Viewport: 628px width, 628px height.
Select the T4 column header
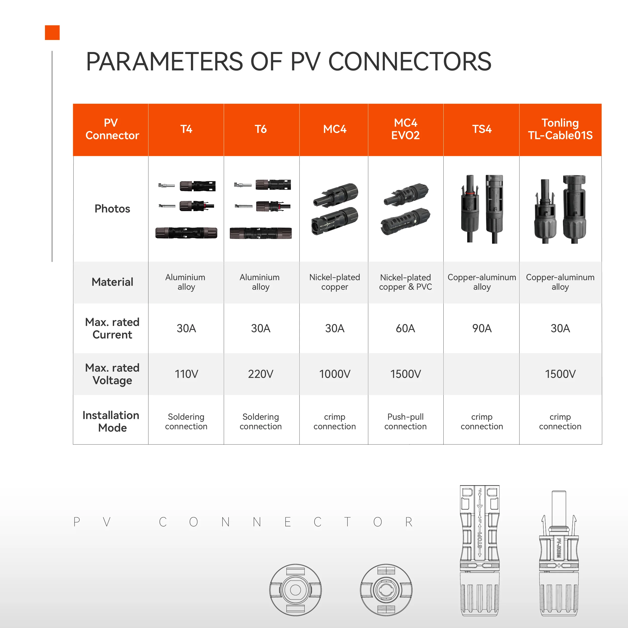186,129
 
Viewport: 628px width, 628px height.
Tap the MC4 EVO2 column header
405,129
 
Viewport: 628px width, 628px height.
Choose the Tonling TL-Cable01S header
560,129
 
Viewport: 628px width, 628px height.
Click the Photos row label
112,209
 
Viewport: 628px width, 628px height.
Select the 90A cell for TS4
482,328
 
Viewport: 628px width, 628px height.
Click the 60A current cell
405,328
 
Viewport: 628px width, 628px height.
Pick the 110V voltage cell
186,374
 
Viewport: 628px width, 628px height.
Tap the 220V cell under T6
261,374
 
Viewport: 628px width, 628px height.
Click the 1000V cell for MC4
335,374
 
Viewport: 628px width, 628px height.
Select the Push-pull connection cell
405,422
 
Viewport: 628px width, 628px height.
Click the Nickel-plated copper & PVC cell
405,282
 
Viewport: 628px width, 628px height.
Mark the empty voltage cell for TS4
482,374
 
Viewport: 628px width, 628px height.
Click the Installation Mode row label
111,422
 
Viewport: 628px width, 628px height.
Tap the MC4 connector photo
335,208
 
